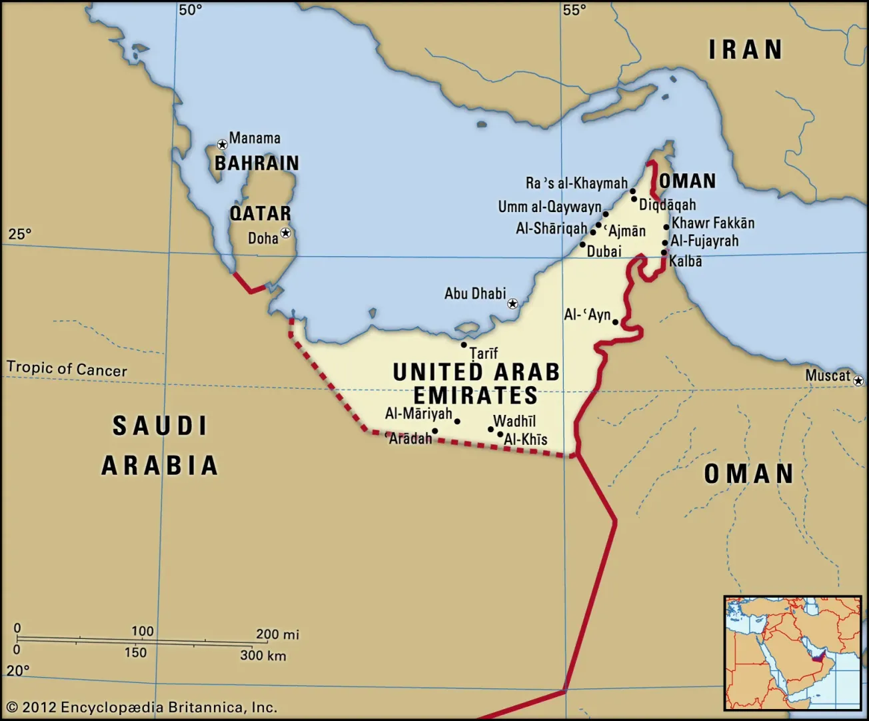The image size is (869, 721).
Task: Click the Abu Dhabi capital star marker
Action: (x=512, y=304)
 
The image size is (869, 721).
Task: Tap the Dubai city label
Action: (x=604, y=251)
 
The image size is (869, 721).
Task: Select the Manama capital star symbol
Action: (x=223, y=145)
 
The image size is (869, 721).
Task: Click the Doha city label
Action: (x=263, y=238)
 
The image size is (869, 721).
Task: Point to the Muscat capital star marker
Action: (x=858, y=381)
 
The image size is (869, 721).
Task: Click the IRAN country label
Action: (x=745, y=50)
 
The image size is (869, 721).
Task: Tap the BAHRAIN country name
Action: (x=257, y=163)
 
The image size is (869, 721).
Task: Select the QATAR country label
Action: (x=261, y=213)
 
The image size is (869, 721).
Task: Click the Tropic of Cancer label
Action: (x=67, y=369)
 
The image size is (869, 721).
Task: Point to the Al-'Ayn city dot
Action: (x=616, y=322)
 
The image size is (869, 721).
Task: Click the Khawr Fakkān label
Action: (x=713, y=223)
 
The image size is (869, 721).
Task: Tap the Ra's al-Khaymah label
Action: (x=576, y=183)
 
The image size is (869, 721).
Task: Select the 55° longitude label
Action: (x=574, y=10)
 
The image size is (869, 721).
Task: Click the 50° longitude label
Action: (x=190, y=10)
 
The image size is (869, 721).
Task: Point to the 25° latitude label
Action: (x=19, y=234)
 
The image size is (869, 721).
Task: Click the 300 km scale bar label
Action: (x=263, y=656)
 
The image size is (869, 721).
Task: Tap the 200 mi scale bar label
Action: (x=277, y=634)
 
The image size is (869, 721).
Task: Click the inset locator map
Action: (x=792, y=653)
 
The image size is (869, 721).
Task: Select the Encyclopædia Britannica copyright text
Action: (x=141, y=708)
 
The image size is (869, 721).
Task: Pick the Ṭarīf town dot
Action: (x=464, y=345)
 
